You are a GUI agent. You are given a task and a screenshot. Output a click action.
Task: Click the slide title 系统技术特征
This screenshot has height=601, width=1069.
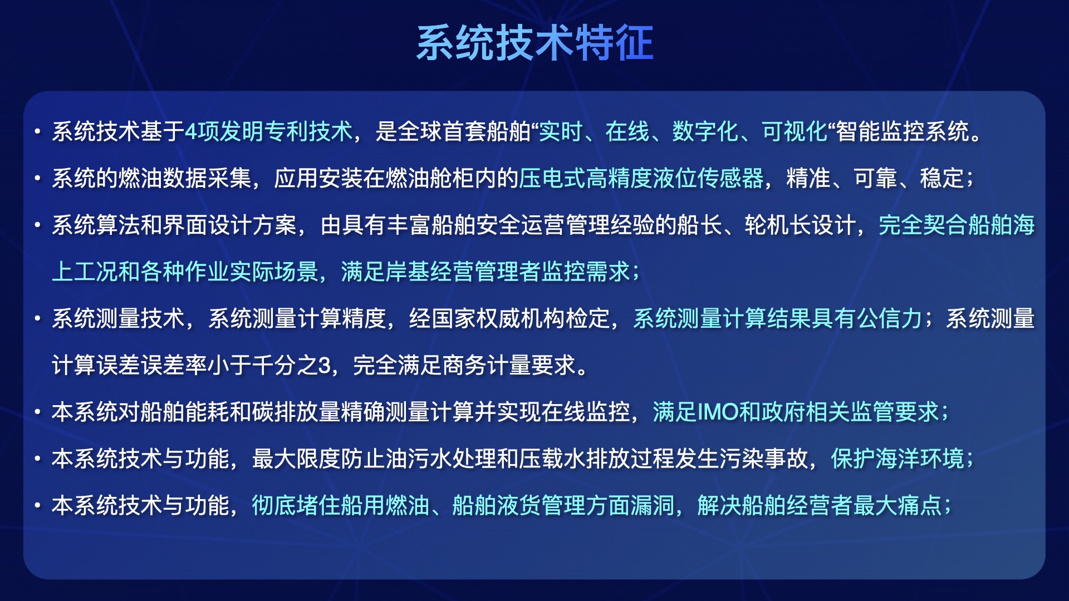point(534,43)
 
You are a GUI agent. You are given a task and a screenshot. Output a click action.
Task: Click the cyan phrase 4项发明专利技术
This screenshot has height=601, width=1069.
point(268,132)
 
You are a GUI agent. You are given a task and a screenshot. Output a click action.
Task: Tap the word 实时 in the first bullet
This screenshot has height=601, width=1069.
point(561,132)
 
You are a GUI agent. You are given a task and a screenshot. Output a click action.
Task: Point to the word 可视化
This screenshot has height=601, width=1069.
point(795,132)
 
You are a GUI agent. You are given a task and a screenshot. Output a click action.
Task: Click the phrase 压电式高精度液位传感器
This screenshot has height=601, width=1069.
point(641,179)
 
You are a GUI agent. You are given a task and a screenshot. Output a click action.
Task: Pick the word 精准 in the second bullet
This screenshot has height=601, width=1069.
point(808,179)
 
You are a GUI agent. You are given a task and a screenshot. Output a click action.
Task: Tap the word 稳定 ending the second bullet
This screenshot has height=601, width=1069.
point(942,179)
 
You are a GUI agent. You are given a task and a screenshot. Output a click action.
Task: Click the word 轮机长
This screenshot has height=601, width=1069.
point(778,225)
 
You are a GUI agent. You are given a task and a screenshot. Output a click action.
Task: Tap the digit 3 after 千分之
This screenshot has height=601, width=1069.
point(325,366)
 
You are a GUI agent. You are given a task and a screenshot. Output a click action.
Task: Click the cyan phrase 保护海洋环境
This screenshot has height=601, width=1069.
point(898,459)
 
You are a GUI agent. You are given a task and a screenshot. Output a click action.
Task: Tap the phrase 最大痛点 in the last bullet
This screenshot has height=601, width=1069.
point(898,506)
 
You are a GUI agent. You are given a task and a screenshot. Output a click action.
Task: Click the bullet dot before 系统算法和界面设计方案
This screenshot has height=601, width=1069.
point(37,225)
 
